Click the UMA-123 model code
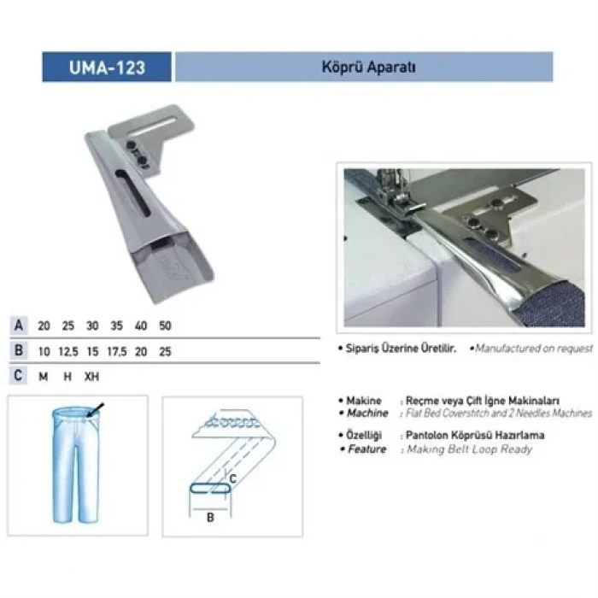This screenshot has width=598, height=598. coord(106,67)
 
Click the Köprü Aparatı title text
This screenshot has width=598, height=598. coord(363,67)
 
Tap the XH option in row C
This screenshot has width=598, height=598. coord(93,375)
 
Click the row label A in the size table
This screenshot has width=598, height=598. coord(18,326)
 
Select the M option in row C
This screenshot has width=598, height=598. coord(44,375)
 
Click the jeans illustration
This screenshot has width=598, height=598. coord(76,466)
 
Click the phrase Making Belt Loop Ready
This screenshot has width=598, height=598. coord(470,449)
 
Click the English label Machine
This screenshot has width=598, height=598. coord(367,413)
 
